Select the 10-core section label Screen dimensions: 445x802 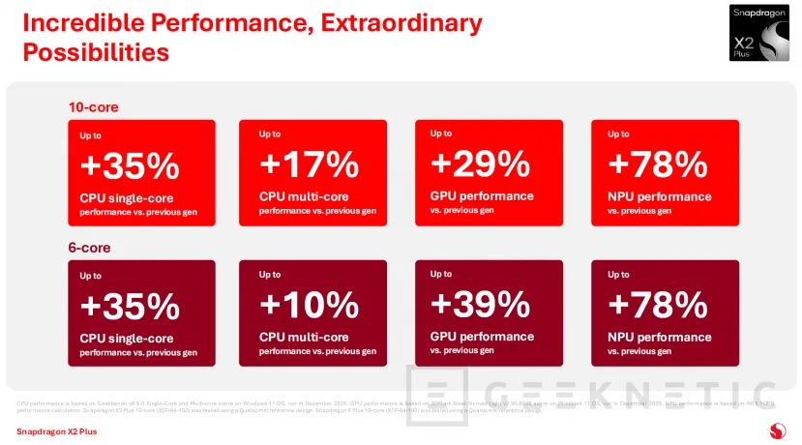(93, 107)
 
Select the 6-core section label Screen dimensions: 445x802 (89, 248)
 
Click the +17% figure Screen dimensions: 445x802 (309, 165)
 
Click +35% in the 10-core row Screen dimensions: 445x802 (130, 165)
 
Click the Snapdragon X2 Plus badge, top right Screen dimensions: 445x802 (762, 34)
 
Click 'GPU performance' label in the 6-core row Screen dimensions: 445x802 (482, 337)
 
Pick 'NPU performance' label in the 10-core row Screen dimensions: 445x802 (660, 196)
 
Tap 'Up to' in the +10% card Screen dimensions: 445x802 (270, 275)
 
